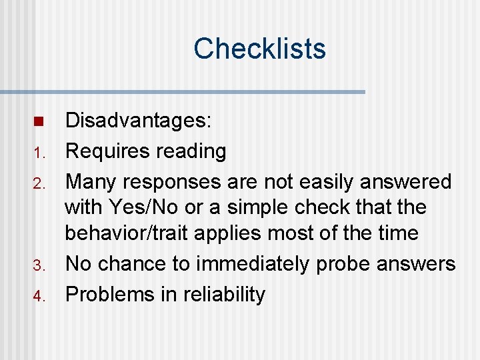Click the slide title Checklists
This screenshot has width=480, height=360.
(259, 49)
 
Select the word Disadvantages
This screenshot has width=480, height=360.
(137, 121)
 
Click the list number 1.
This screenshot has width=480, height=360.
(38, 153)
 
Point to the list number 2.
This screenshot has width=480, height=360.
(38, 183)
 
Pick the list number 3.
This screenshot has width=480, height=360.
(38, 265)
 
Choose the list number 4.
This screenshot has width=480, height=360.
(38, 296)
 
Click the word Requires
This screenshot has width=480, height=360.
(107, 151)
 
